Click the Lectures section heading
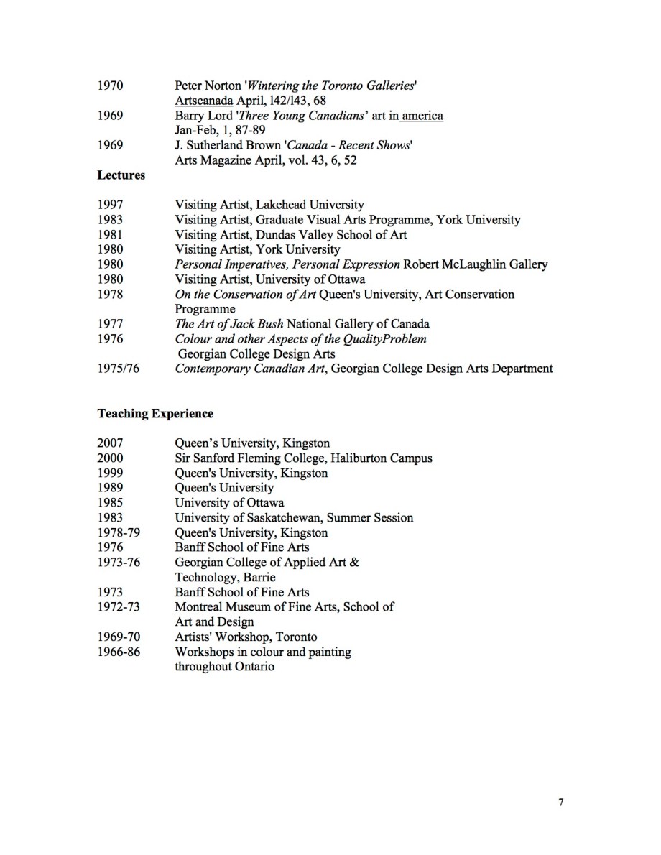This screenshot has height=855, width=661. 121,175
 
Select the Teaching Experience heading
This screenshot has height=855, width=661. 155,414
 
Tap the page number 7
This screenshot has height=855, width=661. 560,803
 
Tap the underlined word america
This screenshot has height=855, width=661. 422,116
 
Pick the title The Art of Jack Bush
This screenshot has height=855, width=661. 229,324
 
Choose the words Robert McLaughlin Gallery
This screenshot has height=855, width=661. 476,264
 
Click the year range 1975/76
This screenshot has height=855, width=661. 118,369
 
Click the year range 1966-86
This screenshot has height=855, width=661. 118,652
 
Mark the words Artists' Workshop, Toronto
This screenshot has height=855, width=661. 246,637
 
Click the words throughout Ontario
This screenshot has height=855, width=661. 224,667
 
